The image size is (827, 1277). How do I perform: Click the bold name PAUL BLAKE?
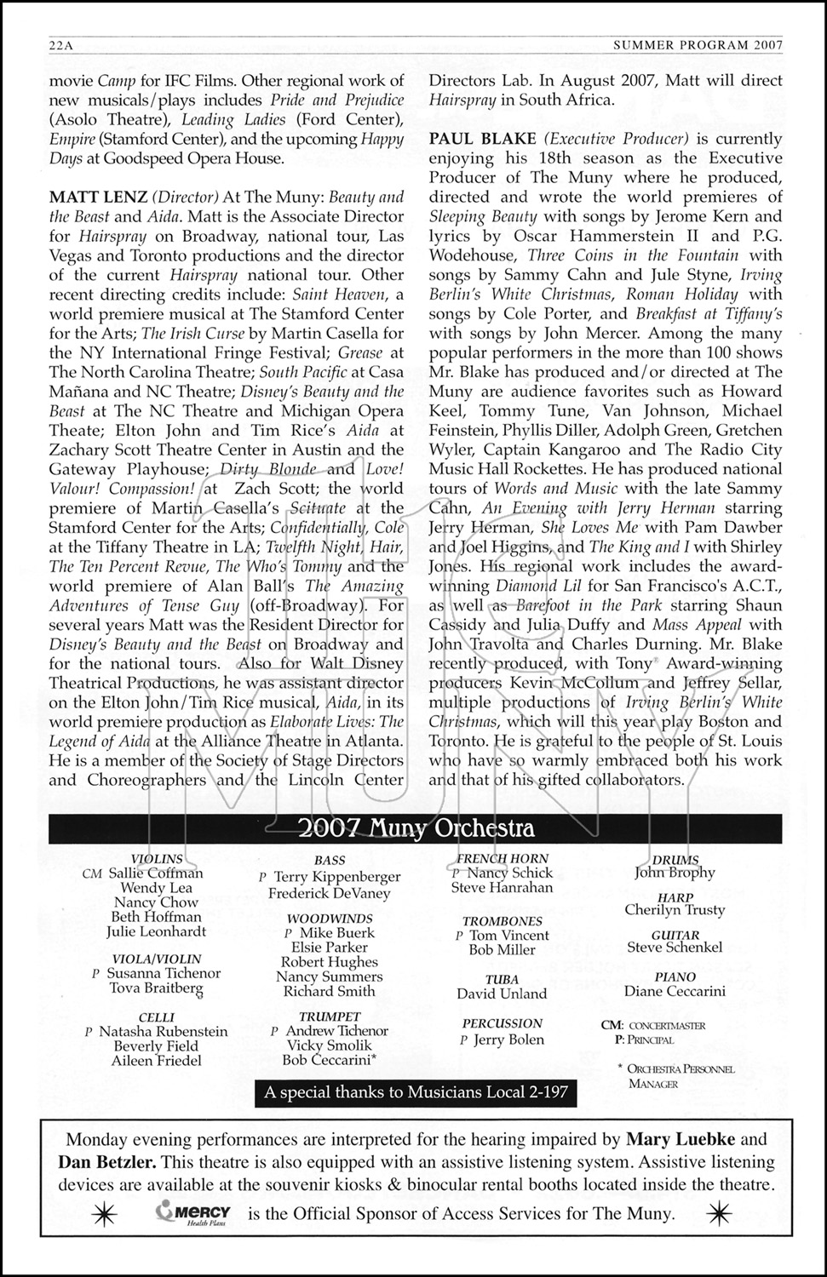pos(483,139)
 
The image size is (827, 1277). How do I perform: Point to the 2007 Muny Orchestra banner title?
pos(415,828)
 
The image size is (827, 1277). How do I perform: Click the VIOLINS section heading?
pos(157,859)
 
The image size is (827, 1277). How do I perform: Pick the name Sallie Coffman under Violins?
pos(155,873)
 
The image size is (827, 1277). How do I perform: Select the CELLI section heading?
pos(157,1017)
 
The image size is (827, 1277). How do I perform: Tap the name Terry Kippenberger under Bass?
pos(336,877)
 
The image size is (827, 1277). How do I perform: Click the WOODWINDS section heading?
pos(330,919)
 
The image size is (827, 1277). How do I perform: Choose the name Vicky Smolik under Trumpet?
pos(329,1045)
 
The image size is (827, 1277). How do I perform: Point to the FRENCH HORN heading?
pos(503,859)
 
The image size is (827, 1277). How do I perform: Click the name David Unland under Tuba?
pos(502,994)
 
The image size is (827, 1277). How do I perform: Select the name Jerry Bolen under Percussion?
pos(508,1039)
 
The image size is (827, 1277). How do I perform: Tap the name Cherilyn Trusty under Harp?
pos(675,910)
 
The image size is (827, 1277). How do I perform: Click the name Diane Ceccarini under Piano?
pos(675,992)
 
